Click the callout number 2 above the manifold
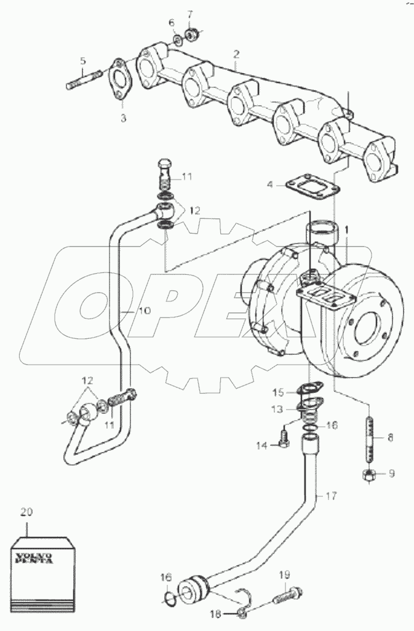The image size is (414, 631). pyautogui.click(x=236, y=54)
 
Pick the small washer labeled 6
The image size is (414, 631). pyautogui.click(x=176, y=41)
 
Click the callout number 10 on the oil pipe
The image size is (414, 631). pyautogui.click(x=143, y=311)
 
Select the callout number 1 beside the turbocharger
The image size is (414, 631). pyautogui.click(x=346, y=229)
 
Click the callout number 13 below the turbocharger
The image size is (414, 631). pyautogui.click(x=279, y=409)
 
